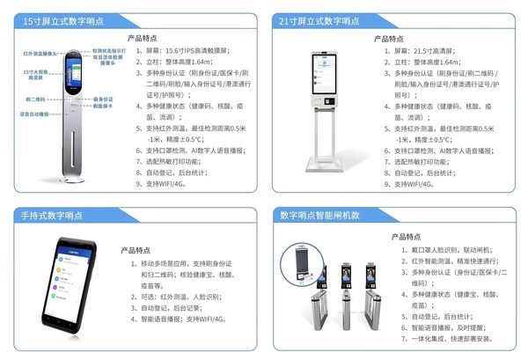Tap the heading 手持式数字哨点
pyautogui.click(x=52, y=216)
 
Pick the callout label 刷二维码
pyautogui.click(x=35, y=99)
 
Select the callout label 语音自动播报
pyautogui.click(x=33, y=114)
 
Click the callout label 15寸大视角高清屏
pyautogui.click(x=34, y=73)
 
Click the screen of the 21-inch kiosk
pyautogui.click(x=323, y=67)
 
